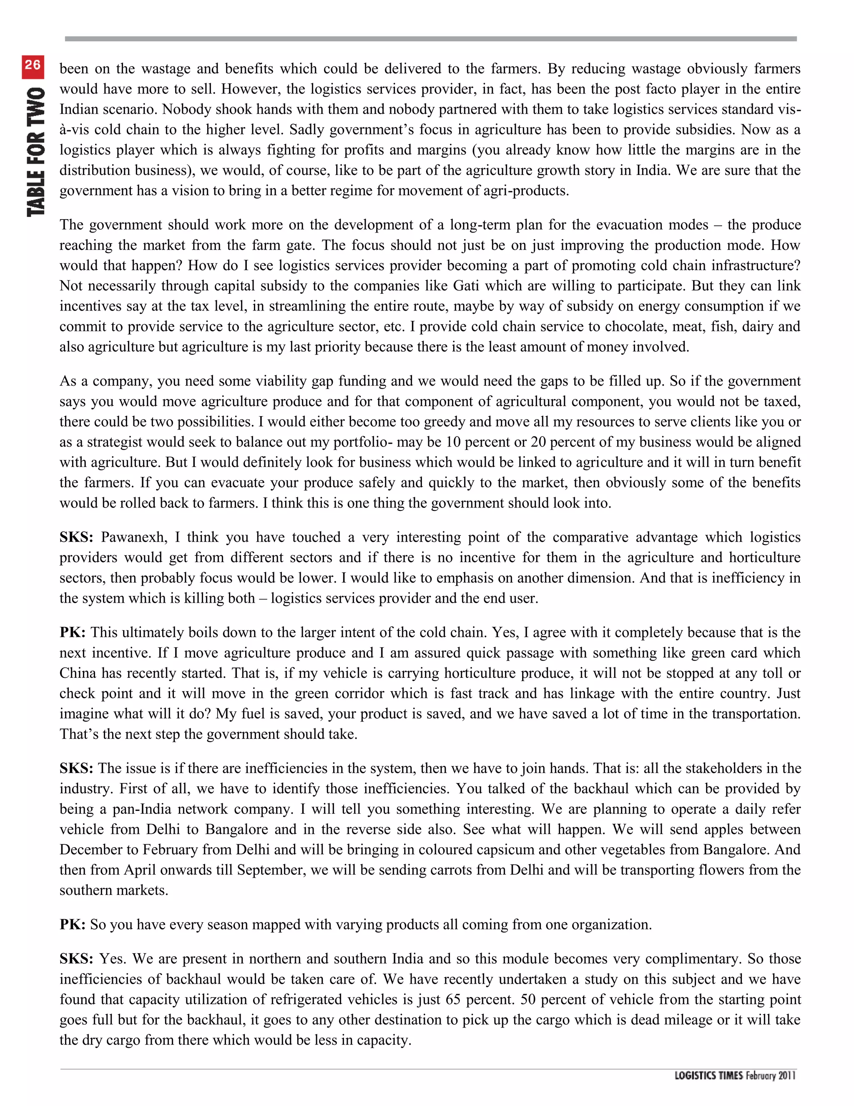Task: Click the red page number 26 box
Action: (33, 66)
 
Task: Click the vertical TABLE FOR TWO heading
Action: (36, 152)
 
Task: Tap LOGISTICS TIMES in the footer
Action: (708, 1075)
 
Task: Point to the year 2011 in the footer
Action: (787, 1075)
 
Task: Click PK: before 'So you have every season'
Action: (72, 924)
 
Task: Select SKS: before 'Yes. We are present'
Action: (76, 959)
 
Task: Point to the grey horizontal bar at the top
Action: (430, 38)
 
